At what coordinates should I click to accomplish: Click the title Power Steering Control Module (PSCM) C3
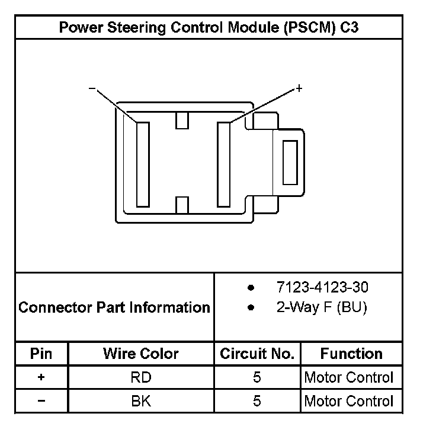point(209,28)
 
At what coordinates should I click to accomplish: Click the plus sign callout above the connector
point(299,88)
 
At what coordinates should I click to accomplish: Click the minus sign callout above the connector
point(92,88)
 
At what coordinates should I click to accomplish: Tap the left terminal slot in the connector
point(143,164)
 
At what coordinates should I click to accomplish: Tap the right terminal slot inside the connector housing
point(223,164)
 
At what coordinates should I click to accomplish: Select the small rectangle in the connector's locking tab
point(290,163)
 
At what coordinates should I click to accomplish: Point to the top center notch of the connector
point(182,120)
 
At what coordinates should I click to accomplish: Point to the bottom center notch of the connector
point(182,205)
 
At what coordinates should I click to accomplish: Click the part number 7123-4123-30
point(322,288)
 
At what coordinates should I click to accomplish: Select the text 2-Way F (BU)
point(322,309)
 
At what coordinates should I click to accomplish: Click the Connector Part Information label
point(114,307)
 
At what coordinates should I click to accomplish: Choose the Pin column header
point(41,354)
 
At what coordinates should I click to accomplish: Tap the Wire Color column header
point(141,354)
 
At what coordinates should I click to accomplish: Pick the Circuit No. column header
point(257,354)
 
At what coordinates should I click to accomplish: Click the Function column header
point(351,354)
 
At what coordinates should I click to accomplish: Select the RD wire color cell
point(141,377)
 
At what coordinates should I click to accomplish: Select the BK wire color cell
point(141,401)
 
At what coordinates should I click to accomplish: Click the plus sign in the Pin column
point(41,377)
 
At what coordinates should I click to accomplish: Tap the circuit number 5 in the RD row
point(257,377)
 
